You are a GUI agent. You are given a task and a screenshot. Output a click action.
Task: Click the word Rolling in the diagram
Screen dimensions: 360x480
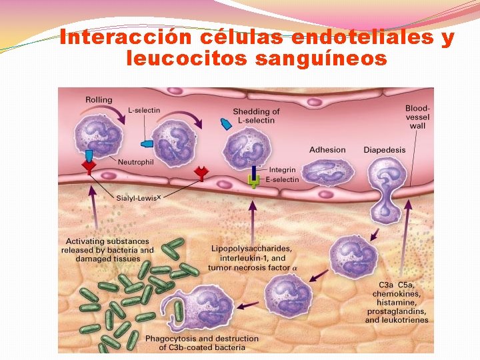pyautogui.click(x=99, y=100)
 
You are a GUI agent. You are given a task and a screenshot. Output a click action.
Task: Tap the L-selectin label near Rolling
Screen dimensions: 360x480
pyautogui.click(x=144, y=111)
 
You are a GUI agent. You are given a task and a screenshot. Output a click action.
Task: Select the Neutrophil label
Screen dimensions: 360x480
pyautogui.click(x=136, y=161)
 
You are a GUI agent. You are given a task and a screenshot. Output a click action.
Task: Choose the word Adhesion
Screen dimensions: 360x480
pyautogui.click(x=327, y=150)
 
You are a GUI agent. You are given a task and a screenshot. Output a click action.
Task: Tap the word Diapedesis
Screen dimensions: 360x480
pyautogui.click(x=384, y=150)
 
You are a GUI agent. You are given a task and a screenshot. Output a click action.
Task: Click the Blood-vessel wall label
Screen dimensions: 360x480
pyautogui.click(x=417, y=117)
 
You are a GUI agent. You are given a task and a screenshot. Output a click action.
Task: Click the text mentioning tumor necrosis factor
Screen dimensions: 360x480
pyautogui.click(x=252, y=267)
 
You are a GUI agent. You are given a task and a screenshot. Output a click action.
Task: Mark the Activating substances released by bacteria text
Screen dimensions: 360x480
pyautogui.click(x=109, y=249)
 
